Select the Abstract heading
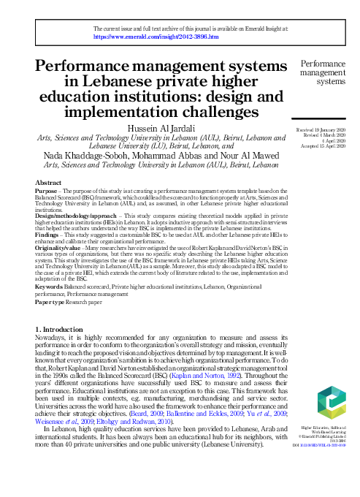pos(49,183)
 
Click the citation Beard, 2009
pos(147,413)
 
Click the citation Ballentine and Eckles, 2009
pos(202,413)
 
